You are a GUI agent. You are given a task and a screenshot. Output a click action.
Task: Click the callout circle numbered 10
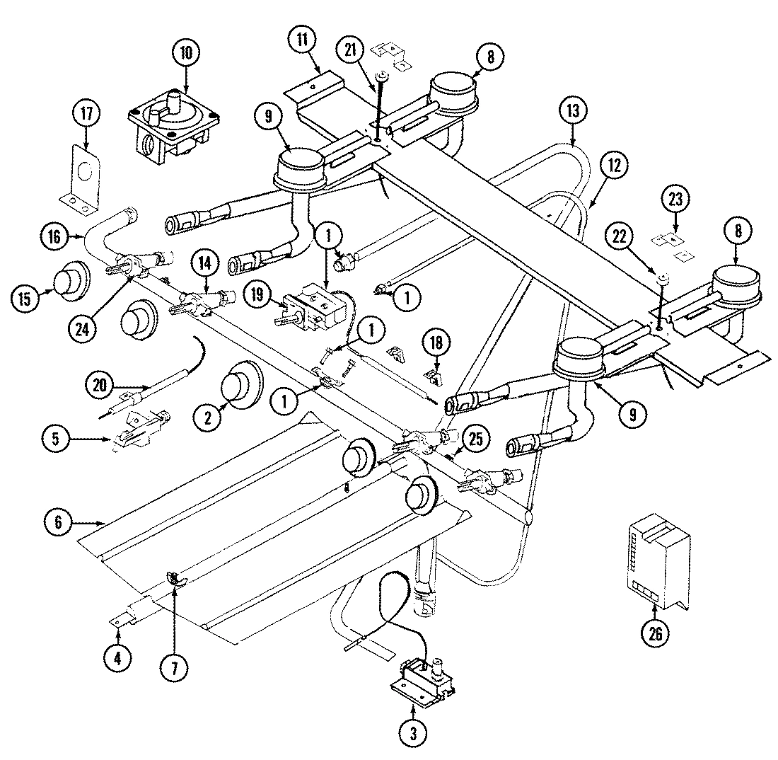(x=186, y=52)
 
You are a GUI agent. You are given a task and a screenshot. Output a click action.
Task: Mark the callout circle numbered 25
(x=476, y=439)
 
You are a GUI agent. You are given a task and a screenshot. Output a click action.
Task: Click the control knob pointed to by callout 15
(x=71, y=280)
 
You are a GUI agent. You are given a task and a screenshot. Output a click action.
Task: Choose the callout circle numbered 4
(x=117, y=658)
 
